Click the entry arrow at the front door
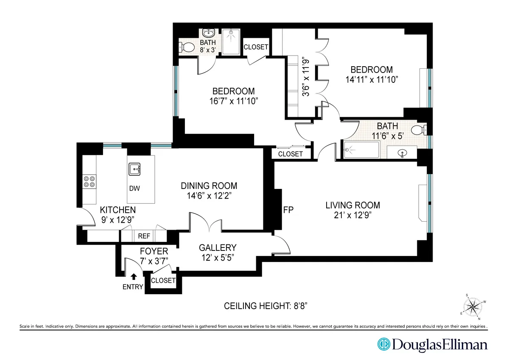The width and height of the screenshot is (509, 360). [134, 276]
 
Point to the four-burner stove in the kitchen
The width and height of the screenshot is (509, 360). [89, 182]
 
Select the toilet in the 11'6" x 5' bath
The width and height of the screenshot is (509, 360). [420, 129]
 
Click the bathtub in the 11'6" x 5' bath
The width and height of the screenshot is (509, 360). [361, 150]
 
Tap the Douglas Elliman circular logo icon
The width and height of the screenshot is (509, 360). [384, 344]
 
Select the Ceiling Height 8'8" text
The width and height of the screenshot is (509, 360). [268, 306]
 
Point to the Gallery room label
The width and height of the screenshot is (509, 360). [218, 247]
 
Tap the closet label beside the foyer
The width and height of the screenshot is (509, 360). [163, 281]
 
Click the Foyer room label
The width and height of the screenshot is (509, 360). [154, 251]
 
